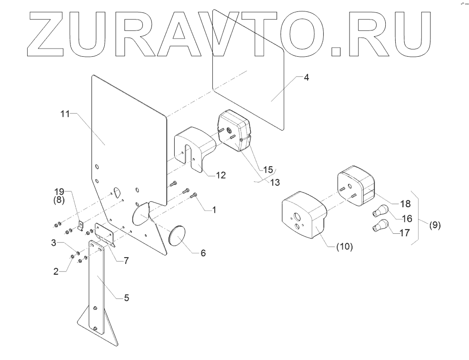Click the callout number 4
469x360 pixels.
tap(307, 77)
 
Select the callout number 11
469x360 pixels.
tap(65, 114)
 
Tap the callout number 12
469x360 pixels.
tap(220, 175)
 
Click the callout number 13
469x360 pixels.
tap(275, 182)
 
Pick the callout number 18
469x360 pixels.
tap(405, 204)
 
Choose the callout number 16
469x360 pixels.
tap(407, 219)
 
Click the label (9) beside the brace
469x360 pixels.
tap(435, 225)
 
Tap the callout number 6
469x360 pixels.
tap(203, 253)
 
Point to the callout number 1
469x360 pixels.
tap(214, 209)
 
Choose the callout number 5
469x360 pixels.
tap(126, 298)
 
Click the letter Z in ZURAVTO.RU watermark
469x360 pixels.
tap(47, 31)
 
